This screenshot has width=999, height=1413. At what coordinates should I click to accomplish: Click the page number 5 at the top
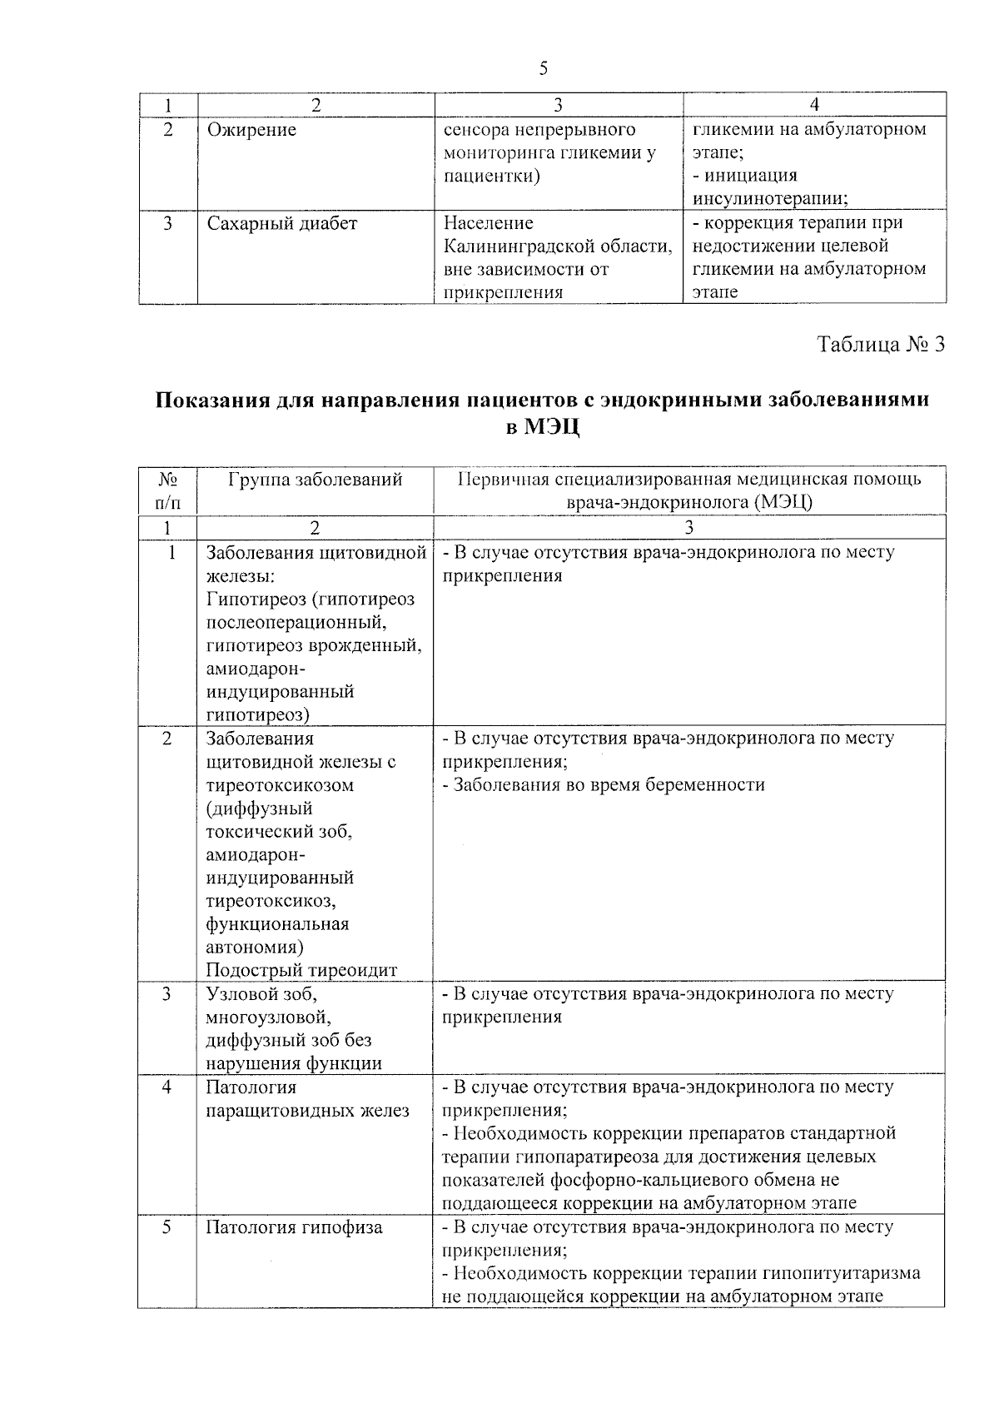[543, 69]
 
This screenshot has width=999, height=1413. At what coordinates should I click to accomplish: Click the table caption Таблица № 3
[881, 345]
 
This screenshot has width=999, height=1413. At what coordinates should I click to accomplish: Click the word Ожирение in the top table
[251, 130]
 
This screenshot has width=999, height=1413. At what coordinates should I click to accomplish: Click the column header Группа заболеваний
[314, 480]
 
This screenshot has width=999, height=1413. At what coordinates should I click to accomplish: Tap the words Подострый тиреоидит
[301, 970]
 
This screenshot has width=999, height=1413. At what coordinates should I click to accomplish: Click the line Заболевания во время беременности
[603, 784]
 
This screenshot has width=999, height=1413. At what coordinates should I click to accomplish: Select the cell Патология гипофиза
[294, 1226]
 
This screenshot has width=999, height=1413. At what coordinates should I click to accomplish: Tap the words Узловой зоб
[260, 993]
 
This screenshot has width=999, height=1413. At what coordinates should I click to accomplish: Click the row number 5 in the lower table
[167, 1226]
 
